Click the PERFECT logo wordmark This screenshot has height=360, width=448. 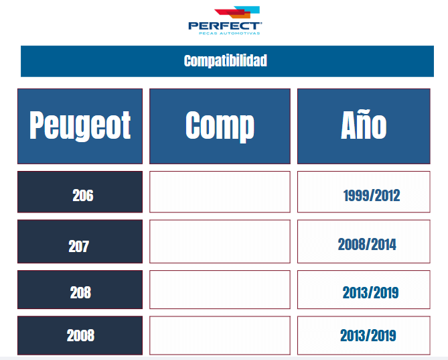tap(225, 26)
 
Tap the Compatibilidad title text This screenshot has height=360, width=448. tap(226, 60)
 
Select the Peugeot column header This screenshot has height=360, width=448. tap(80, 126)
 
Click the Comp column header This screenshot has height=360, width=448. tap(220, 126)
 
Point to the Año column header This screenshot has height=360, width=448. tap(364, 126)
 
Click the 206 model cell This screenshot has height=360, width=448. tap(80, 192)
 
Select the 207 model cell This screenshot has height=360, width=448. tap(80, 241)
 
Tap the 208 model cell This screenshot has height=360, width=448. tap(80, 290)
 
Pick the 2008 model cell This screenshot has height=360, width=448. tap(80, 335)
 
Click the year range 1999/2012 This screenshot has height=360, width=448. tap(372, 196)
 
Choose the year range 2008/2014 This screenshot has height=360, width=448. tap(367, 245)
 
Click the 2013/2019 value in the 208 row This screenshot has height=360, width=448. tap(370, 292)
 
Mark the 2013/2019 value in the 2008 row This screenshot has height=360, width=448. tap(368, 335)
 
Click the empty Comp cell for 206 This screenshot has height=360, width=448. tap(220, 192)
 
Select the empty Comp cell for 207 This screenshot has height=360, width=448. tap(220, 241)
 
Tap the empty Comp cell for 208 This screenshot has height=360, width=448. tap(220, 290)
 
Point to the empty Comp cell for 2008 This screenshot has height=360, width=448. tap(220, 335)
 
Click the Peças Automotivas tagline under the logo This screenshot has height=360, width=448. tap(229, 33)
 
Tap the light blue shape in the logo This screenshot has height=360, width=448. tap(251, 9)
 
